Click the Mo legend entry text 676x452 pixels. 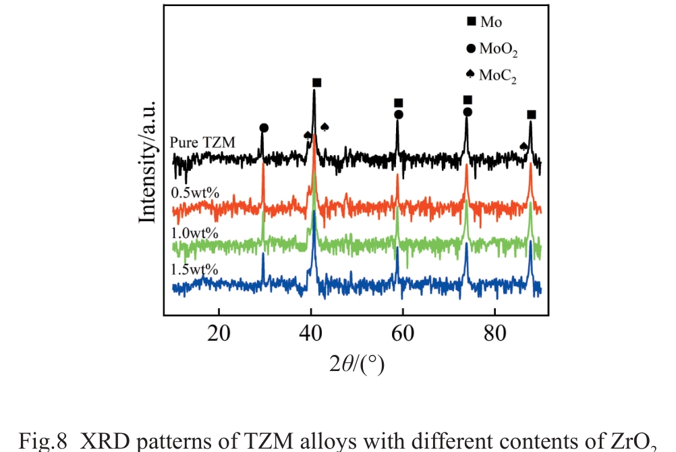(491, 22)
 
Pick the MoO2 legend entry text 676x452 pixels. (498, 49)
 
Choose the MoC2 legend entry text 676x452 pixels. (498, 76)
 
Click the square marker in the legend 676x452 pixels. (471, 22)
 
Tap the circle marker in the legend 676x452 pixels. (471, 48)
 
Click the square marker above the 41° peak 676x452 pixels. (316, 82)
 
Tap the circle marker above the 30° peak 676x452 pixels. (264, 128)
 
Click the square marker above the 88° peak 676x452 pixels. (532, 115)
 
